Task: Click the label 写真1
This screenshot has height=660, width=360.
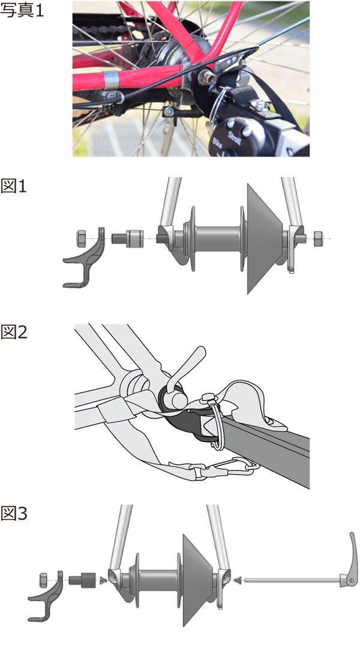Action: coord(22,10)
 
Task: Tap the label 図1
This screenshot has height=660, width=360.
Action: coord(14,185)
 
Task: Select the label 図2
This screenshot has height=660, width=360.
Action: coord(14,332)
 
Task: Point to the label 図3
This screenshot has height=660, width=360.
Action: coord(14,514)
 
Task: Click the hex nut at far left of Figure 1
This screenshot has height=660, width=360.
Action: coord(82,238)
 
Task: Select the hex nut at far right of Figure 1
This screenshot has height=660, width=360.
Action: coord(319,238)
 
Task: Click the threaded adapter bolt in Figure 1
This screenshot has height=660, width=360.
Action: coord(127,239)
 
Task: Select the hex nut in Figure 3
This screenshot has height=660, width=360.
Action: coord(43,580)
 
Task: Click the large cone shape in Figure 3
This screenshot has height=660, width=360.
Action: coord(199,580)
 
